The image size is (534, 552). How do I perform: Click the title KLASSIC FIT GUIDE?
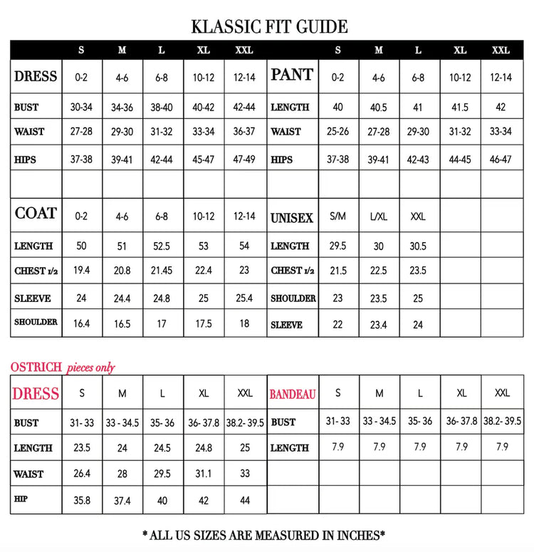pyautogui.click(x=269, y=27)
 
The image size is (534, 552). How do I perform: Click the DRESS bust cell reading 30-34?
pyautogui.click(x=82, y=108)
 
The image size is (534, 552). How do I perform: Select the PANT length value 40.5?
pyautogui.click(x=378, y=108)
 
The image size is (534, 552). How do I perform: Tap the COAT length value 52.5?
pyautogui.click(x=162, y=246)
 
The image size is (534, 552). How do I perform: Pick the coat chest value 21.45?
pyautogui.click(x=162, y=271)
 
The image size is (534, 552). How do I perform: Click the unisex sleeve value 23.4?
pyautogui.click(x=378, y=325)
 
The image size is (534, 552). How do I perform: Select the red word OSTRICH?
pyautogui.click(x=36, y=368)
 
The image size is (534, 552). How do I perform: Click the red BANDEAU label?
pyautogui.click(x=293, y=394)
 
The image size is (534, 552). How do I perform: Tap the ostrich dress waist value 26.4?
pyautogui.click(x=82, y=474)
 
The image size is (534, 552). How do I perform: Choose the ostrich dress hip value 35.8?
pyautogui.click(x=82, y=500)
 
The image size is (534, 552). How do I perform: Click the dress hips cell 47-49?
pyautogui.click(x=244, y=160)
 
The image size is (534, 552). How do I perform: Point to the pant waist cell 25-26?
pyautogui.click(x=337, y=132)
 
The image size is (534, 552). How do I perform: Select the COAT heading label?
pyautogui.click(x=36, y=214)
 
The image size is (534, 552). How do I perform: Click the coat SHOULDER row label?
pyautogui.click(x=36, y=322)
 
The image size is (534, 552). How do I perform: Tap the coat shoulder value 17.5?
pyautogui.click(x=204, y=323)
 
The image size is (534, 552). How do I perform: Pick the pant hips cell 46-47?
pyautogui.click(x=501, y=160)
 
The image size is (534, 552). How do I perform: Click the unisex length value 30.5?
pyautogui.click(x=418, y=246)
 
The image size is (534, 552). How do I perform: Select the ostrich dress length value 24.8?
pyautogui.click(x=204, y=448)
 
